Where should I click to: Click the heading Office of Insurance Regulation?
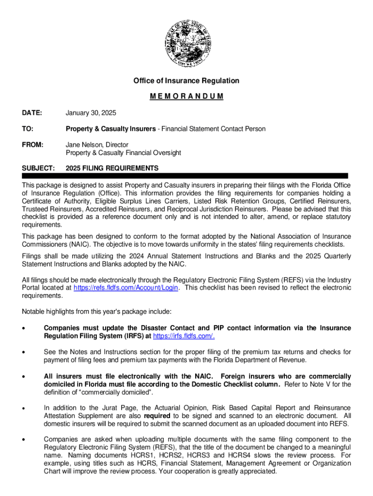186,81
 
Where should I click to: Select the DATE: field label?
32,113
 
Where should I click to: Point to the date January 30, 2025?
91,113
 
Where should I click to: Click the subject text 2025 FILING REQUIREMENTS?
112,168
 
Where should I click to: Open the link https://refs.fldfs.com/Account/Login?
126,287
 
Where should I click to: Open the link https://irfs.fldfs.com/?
184,336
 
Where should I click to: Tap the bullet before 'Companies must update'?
24,328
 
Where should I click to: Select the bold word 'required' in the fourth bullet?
156,416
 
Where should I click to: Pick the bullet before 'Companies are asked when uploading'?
24,439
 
